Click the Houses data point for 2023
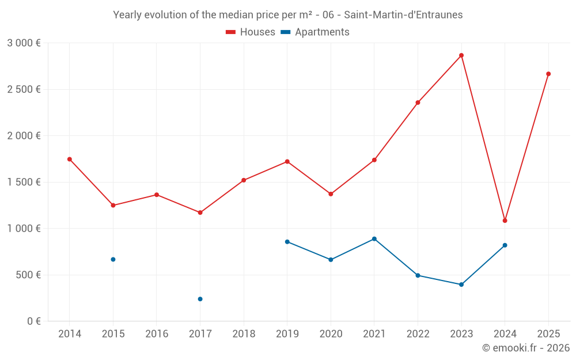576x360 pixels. (461, 55)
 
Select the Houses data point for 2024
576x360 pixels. (505, 221)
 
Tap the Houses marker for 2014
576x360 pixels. (70, 159)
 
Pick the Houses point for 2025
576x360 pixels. (548, 74)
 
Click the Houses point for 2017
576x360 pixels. (200, 213)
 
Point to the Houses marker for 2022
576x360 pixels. (418, 103)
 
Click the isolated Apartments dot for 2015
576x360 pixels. (113, 259)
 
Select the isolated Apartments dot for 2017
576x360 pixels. (200, 299)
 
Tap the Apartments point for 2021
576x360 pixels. (374, 238)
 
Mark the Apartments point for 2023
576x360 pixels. (461, 285)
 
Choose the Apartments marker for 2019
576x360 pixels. (287, 242)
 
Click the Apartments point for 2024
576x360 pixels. (505, 245)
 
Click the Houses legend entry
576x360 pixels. (251, 32)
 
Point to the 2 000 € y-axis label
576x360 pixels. (24, 136)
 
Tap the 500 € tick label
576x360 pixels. (28, 275)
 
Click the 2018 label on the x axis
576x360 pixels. (244, 334)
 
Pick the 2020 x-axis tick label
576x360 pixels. (331, 334)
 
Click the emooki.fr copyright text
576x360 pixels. (525, 348)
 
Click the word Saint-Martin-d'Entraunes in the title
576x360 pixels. (403, 15)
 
